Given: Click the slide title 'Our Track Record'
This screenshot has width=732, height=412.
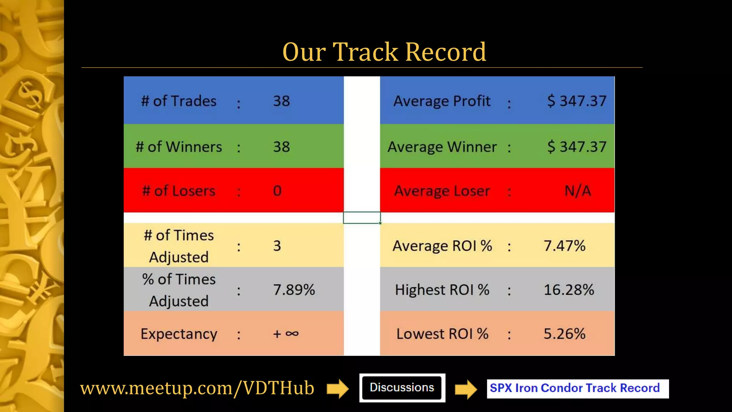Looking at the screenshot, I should point(384,52).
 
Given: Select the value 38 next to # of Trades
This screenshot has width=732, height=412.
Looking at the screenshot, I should point(281,101).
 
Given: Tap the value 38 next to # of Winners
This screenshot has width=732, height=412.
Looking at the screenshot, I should point(281,147).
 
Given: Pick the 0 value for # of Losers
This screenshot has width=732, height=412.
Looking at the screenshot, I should point(277,191).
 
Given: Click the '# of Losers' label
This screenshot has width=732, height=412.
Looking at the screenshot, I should point(179,191).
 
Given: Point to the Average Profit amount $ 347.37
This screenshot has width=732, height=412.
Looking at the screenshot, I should point(577,101).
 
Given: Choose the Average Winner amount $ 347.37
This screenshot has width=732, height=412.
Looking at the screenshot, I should point(577,147).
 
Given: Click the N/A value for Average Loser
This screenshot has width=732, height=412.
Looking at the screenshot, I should point(578,191).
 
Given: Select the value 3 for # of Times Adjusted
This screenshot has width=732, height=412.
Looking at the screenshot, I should point(277,246).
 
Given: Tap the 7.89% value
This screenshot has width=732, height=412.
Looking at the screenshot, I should point(294,290).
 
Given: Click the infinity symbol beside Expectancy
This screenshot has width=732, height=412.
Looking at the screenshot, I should point(292,334).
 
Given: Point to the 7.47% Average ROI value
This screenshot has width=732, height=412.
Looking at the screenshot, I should point(564,246).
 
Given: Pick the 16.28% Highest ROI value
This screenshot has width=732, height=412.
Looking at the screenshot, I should point(569,290).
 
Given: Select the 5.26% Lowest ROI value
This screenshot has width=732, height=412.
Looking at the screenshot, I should point(564,334).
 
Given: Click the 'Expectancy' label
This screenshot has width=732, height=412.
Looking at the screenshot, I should point(179,334).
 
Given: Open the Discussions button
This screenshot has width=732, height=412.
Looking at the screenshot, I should point(402,388).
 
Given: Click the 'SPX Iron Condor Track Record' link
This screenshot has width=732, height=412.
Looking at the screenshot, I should point(575,388).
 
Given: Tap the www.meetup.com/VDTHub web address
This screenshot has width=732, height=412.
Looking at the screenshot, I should point(197,388).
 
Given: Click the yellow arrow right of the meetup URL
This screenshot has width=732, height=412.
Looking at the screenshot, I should point(337,388).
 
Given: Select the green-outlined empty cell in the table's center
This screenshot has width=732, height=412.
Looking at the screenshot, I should point(362,217).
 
